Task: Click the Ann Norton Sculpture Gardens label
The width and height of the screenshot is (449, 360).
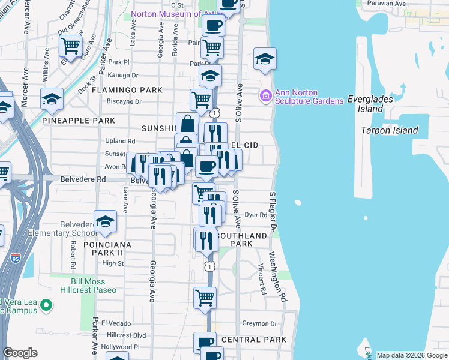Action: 309,97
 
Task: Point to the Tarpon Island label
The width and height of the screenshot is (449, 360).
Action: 389,130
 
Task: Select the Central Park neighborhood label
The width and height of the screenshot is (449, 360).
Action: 254,340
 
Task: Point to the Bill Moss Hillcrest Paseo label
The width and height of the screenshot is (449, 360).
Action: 88,285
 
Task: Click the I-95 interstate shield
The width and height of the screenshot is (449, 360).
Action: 15,259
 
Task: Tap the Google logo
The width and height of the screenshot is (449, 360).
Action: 20,353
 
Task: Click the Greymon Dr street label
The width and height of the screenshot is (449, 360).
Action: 259,323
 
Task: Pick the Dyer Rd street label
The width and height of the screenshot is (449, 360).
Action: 255,214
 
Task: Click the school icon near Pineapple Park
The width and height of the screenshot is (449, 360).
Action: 52,99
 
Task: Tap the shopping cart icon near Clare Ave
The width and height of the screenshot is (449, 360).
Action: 71,46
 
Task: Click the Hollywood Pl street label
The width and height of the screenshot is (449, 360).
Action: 120,347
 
